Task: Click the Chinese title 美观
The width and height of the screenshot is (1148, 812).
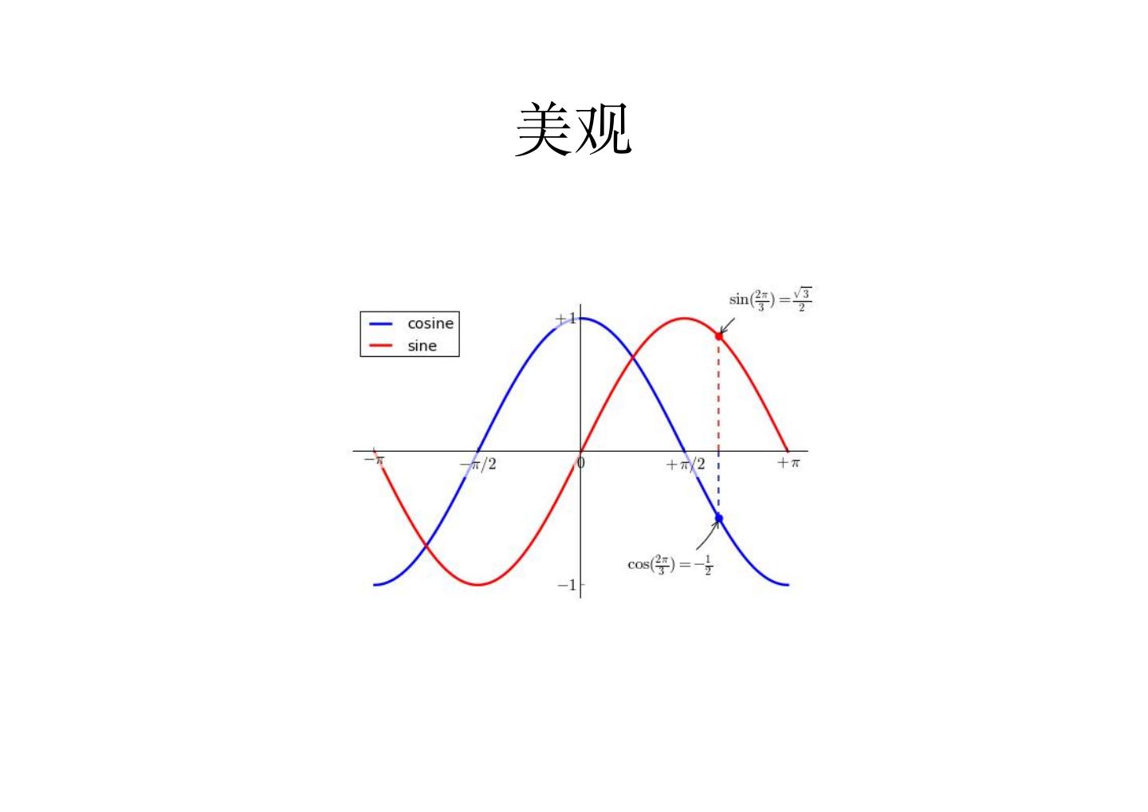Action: (x=573, y=129)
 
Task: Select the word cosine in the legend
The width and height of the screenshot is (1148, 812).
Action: (x=430, y=324)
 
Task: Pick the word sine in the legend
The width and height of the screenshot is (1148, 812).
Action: (x=422, y=346)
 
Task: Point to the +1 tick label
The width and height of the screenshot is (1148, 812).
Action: (x=565, y=319)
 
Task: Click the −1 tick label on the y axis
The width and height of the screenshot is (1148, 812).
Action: (x=566, y=585)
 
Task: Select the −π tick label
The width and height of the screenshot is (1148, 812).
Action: (x=374, y=460)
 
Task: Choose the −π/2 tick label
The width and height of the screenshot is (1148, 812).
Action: (x=478, y=464)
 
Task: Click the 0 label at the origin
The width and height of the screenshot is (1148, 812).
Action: (x=581, y=462)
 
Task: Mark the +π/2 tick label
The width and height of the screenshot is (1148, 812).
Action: (x=686, y=464)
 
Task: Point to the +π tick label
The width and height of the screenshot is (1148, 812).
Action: (x=788, y=462)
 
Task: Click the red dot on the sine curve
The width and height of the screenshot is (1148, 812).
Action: (x=719, y=336)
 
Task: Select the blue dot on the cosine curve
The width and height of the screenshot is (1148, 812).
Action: (x=719, y=518)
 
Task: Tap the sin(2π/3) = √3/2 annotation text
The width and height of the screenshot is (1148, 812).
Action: (x=770, y=300)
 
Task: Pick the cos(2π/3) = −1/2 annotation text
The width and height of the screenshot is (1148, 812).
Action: (x=670, y=564)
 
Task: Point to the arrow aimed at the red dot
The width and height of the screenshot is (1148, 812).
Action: (x=728, y=325)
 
